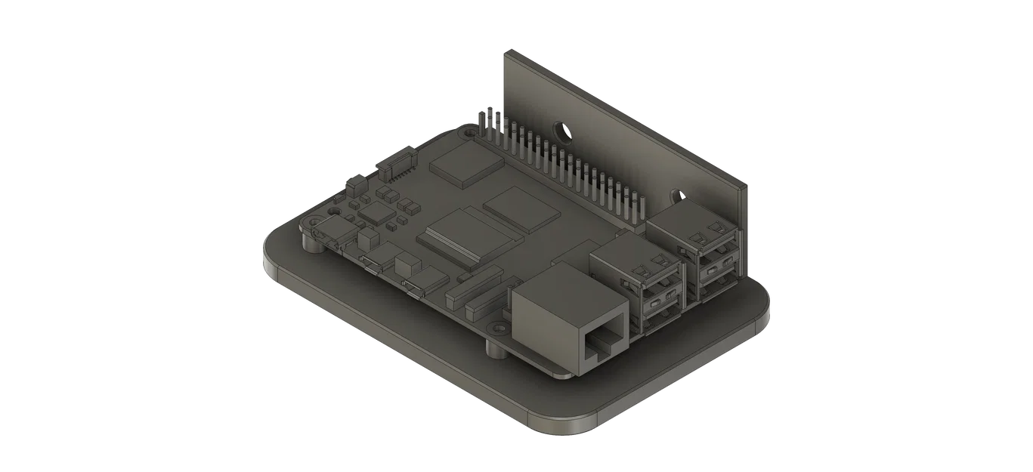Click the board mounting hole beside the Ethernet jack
pyautogui.click(x=498, y=329)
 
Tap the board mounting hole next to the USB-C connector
pyautogui.click(x=309, y=224)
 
